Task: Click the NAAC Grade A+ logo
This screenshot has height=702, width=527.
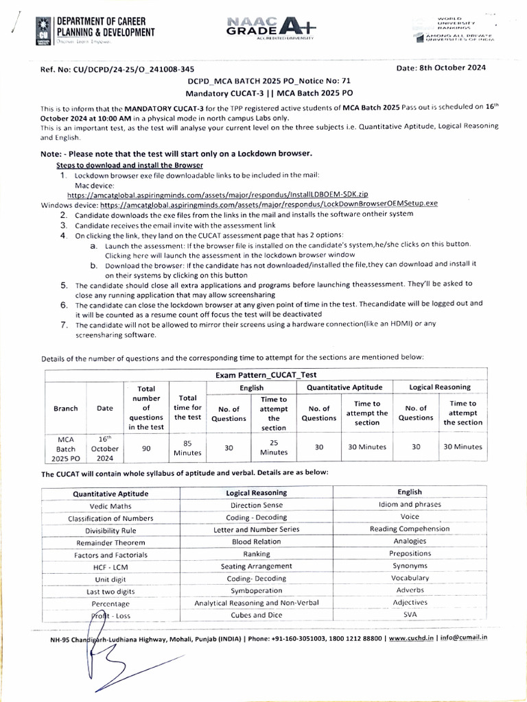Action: pyautogui.click(x=271, y=27)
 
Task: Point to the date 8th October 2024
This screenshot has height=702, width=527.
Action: pyautogui.click(x=441, y=67)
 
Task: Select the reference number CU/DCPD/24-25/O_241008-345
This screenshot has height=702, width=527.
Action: pyautogui.click(x=122, y=69)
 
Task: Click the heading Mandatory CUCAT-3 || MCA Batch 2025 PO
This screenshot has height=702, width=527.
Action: pyautogui.click(x=270, y=92)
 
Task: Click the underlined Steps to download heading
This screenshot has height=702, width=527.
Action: pyautogui.click(x=129, y=166)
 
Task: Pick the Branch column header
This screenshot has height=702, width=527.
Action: pyautogui.click(x=66, y=408)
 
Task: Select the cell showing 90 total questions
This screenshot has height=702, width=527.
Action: pyautogui.click(x=146, y=446)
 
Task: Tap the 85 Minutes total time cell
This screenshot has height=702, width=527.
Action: pyautogui.click(x=187, y=448)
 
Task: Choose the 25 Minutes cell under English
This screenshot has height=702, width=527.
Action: pyautogui.click(x=274, y=447)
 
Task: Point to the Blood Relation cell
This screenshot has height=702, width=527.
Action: pyautogui.click(x=256, y=541)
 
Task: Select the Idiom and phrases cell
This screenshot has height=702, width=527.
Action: pyautogui.click(x=410, y=504)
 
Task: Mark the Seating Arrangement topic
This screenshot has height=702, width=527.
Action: pyautogui.click(x=256, y=566)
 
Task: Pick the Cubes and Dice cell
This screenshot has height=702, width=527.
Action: pyautogui.click(x=256, y=615)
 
